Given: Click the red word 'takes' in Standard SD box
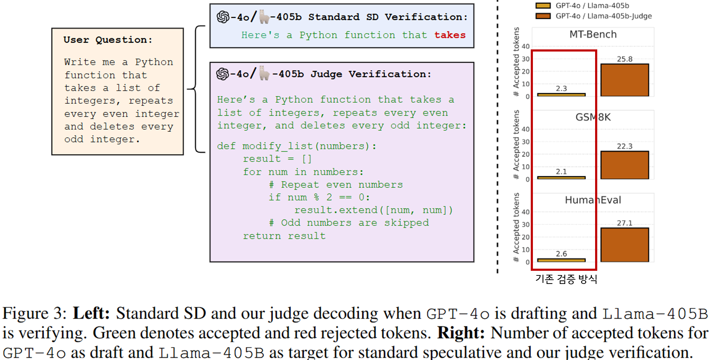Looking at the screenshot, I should coord(450,35).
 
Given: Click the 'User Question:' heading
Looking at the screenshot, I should coord(108,40).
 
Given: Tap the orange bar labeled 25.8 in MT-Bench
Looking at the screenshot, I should coord(625,80).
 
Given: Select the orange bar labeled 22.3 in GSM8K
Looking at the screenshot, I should coord(625,165).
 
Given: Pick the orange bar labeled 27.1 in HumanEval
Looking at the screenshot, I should coord(625,245).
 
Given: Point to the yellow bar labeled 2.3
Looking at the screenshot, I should coord(561,95).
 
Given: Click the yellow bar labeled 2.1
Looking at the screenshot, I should coord(561,177).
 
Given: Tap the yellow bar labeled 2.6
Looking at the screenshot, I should coord(561,260).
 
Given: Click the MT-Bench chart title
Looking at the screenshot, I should coord(593,34).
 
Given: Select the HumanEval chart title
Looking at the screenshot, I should coord(593,200).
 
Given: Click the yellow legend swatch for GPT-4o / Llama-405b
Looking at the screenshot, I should coord(543,6).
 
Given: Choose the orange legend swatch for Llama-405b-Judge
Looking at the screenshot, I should coord(543,16).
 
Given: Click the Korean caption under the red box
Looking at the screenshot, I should coord(566,279).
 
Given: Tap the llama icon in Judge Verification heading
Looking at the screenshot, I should coord(264,73).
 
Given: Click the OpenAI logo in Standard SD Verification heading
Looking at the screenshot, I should coord(223,17).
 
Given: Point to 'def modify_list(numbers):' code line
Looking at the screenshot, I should coord(296,146).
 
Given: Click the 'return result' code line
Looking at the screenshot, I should coord(284,236).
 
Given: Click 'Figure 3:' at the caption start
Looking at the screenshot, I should coord(34,313).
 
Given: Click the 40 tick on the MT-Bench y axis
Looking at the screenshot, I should coord(525,46).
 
